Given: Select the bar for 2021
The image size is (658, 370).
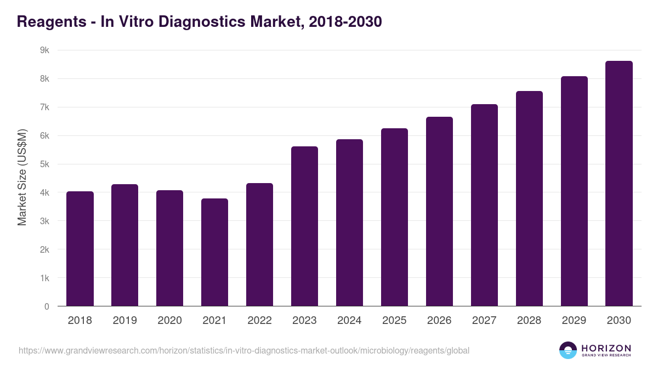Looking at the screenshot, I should [x=215, y=252].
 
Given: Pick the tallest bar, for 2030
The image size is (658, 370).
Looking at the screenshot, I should [x=619, y=183].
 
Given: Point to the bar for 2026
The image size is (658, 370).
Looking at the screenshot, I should [x=440, y=211].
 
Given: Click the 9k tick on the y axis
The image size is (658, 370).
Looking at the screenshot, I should [x=44, y=50].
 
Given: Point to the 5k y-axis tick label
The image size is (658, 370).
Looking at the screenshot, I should [x=44, y=164].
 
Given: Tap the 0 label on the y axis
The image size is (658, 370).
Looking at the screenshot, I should [x=47, y=307].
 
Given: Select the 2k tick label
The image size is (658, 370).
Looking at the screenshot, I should [x=44, y=250].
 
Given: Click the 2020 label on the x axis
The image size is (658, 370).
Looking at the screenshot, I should [x=170, y=321].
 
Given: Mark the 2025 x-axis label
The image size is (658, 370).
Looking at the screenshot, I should [x=395, y=321].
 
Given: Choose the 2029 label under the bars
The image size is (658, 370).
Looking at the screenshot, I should [x=574, y=321].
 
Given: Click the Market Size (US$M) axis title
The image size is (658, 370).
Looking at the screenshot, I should [x=22, y=178].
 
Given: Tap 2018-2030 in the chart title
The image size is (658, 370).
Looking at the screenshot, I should [x=345, y=22].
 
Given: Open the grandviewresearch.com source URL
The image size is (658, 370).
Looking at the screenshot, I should [x=244, y=350].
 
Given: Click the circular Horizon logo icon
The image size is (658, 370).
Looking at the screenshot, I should [x=568, y=350].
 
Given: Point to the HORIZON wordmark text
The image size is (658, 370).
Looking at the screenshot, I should [x=606, y=348].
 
